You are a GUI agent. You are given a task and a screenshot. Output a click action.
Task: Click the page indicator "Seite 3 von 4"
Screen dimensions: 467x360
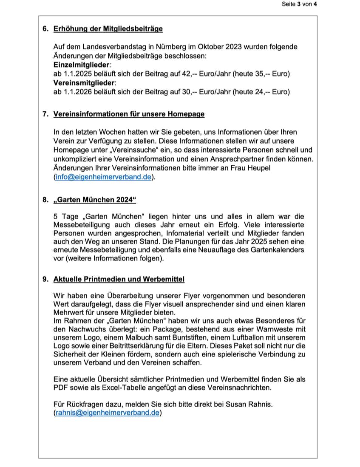299,4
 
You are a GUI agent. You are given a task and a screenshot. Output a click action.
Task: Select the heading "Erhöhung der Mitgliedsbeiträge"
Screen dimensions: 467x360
108,29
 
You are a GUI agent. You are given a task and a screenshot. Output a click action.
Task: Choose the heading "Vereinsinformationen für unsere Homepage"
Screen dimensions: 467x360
129,114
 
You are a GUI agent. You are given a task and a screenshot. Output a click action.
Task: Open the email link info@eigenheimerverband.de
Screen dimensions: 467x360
103,178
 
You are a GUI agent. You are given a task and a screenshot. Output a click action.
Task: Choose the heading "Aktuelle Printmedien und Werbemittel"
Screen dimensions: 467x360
119,279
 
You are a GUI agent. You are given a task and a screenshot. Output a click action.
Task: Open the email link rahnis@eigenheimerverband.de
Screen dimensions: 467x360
108,412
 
